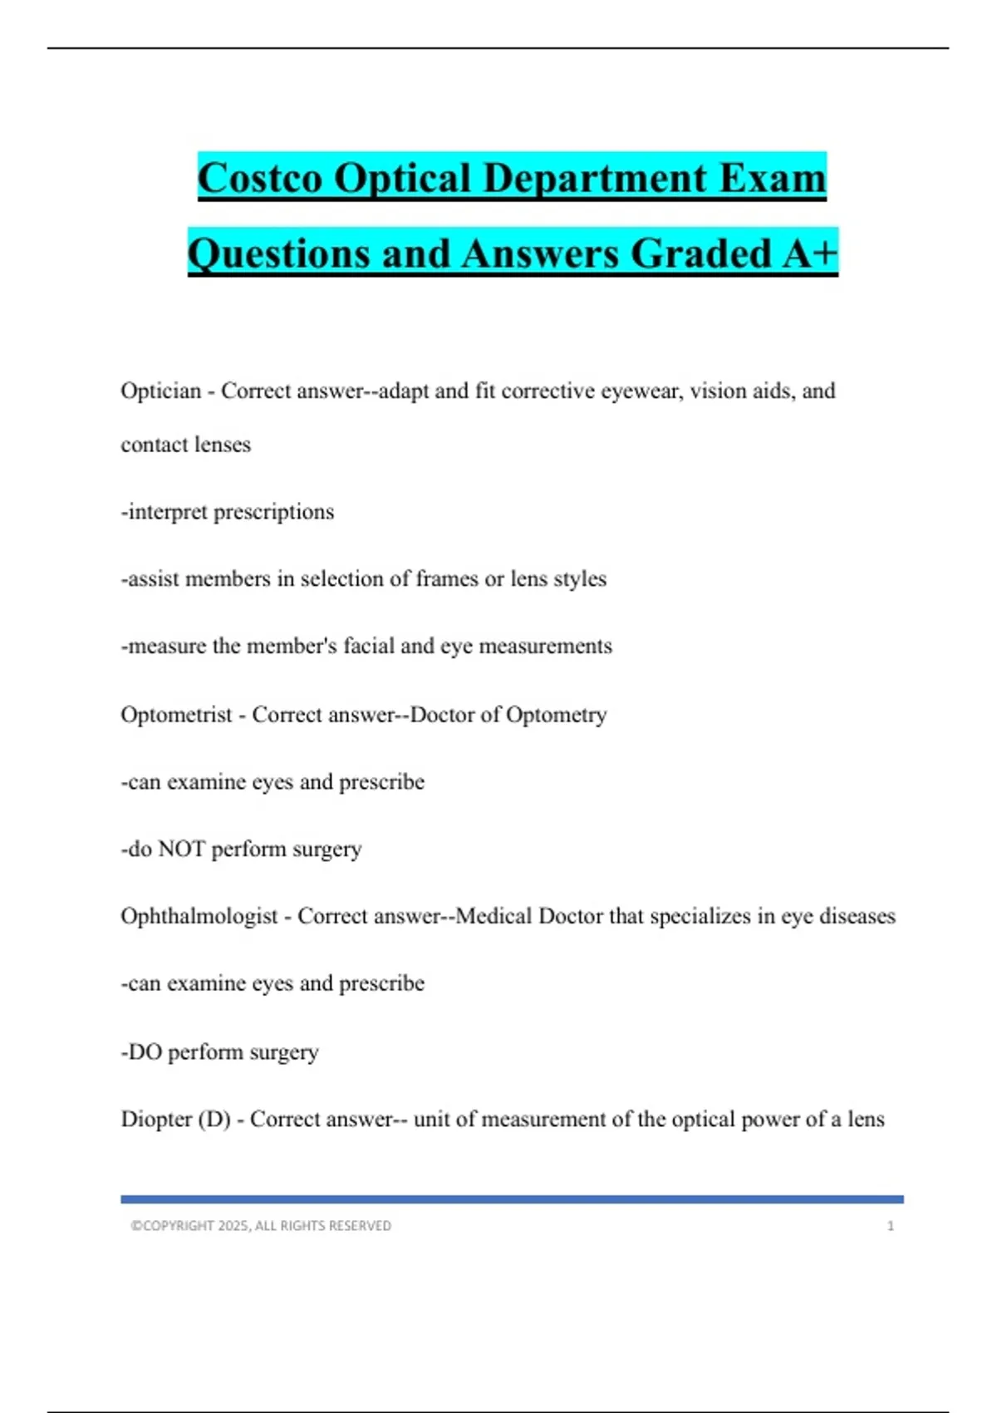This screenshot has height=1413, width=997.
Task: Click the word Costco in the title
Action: click(259, 178)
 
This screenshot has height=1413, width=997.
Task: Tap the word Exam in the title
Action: click(773, 178)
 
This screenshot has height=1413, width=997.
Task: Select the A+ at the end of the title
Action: click(809, 253)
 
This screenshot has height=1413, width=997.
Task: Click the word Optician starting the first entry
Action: click(161, 391)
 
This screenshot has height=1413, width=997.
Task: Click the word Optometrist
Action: click(176, 715)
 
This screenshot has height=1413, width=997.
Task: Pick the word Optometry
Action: click(556, 715)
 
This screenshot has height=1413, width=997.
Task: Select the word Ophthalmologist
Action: click(199, 916)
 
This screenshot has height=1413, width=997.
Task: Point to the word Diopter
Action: click(156, 1119)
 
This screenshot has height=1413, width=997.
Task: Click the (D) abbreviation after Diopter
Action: click(214, 1119)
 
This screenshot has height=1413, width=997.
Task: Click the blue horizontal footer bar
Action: click(512, 1199)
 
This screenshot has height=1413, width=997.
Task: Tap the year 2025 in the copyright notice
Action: click(233, 1226)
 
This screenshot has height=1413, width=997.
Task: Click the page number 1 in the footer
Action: click(891, 1226)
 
